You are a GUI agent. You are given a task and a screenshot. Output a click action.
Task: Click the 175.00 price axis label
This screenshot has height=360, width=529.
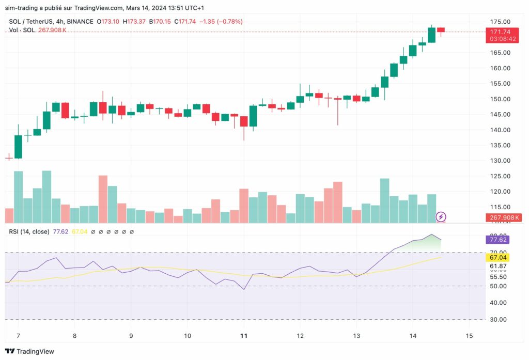click(500, 22)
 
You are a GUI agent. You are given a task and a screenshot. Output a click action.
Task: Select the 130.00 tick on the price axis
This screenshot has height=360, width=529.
click(500, 161)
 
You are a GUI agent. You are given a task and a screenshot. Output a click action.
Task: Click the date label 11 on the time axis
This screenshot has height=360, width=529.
click(244, 335)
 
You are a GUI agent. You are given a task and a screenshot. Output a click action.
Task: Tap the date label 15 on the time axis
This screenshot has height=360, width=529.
click(469, 335)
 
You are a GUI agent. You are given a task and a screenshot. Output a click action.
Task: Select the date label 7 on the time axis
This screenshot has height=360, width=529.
click(18, 335)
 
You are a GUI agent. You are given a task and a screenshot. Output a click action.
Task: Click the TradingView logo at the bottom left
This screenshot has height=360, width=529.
click(30, 351)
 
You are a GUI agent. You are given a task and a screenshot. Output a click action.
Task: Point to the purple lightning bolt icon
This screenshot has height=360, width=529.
click(441, 216)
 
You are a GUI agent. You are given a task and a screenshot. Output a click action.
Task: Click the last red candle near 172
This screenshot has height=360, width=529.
click(441, 30)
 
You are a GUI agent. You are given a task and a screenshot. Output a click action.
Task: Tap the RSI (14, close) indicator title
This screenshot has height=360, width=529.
click(28, 232)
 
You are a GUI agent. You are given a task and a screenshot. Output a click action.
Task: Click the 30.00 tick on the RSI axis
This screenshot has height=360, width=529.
click(499, 319)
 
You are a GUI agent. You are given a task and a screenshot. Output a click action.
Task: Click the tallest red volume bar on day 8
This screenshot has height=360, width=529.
click(103, 199)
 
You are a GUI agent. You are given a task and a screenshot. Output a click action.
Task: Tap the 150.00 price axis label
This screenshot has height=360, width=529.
click(500, 99)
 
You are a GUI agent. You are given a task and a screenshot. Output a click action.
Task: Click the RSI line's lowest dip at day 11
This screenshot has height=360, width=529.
click(244, 289)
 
